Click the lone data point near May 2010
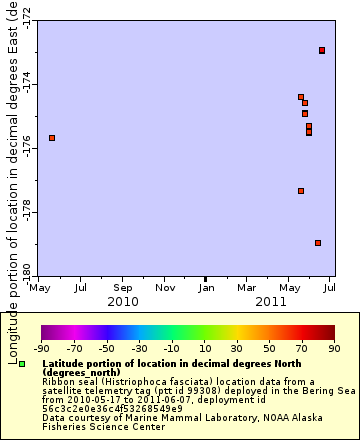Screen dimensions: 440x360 coord(52,137)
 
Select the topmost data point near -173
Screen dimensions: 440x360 coord(322,50)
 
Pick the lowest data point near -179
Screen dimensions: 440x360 coord(318,243)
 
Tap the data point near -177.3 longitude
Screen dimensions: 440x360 coord(301,191)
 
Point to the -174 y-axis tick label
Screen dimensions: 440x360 coord(26,84)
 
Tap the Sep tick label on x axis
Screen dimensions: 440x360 coord(123,288)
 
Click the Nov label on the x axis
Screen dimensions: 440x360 coord(164,288)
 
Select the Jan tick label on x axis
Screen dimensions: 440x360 coord(205,288)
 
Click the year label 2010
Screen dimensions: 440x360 coord(123,301)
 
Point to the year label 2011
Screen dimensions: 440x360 coord(271,301)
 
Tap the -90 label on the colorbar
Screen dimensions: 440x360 coord(41,348)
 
